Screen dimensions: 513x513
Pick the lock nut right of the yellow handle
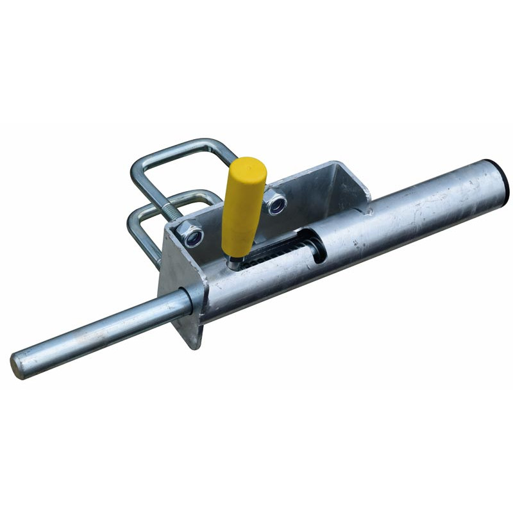pyautogui.click(x=276, y=204)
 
